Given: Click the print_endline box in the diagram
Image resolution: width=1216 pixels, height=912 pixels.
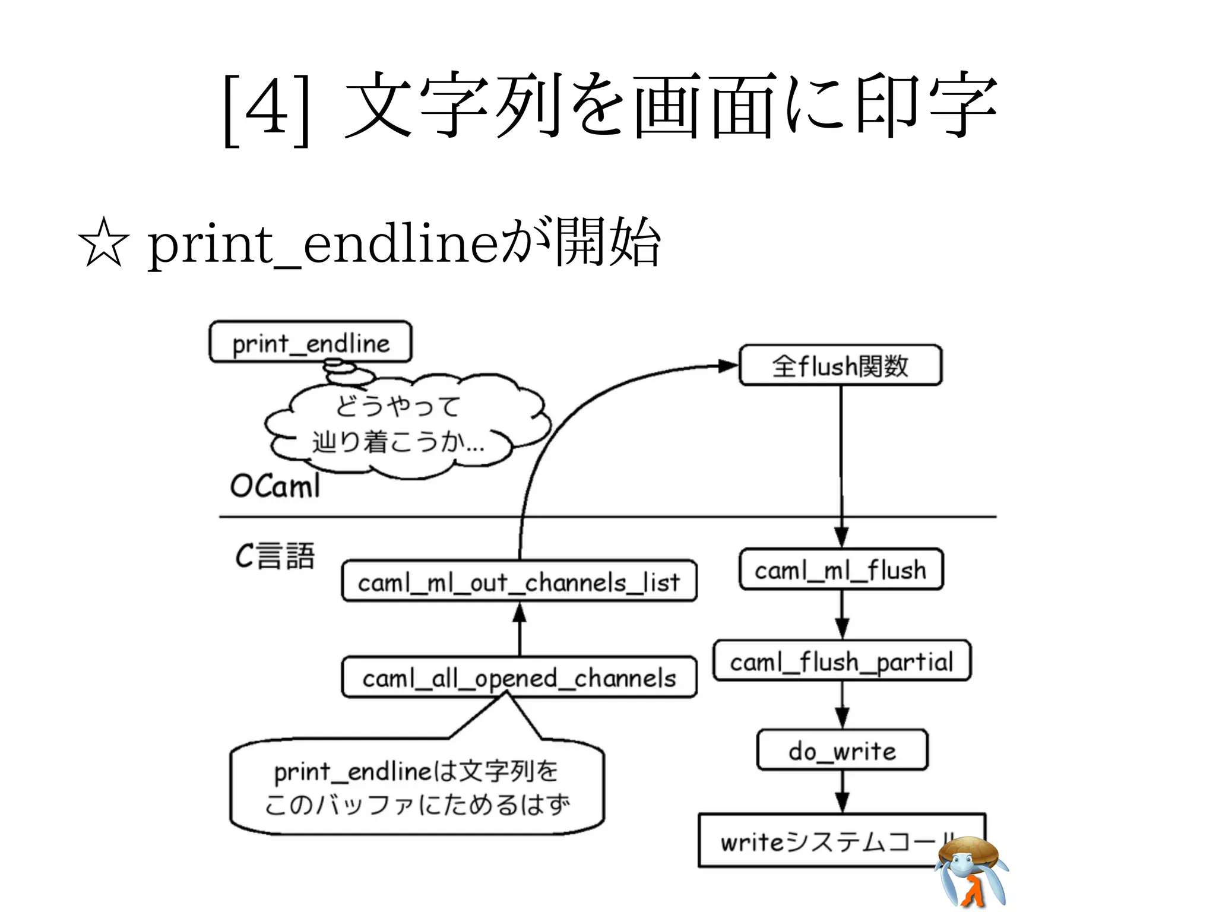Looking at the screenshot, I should coord(310,342).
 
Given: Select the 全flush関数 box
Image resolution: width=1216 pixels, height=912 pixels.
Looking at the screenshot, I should coord(840,365).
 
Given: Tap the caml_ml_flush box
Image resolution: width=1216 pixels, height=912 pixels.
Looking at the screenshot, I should coord(841,569).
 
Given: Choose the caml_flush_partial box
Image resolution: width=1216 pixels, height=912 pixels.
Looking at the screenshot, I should coord(841,660).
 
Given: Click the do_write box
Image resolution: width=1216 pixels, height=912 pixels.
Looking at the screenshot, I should coord(842,750).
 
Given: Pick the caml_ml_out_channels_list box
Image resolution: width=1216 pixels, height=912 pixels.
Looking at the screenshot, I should coord(519,581).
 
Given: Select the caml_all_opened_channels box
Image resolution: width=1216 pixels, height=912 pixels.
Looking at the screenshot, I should coord(519,677).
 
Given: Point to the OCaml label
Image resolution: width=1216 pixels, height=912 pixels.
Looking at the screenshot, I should coord(275,486).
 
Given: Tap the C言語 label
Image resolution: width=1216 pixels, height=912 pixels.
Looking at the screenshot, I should coord(275,556).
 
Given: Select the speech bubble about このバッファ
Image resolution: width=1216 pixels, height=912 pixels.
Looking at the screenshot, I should coord(417,787).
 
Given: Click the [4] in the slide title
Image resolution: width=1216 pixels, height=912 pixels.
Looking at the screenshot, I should coord(267,109).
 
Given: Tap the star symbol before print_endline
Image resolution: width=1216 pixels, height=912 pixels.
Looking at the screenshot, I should coord(103,243).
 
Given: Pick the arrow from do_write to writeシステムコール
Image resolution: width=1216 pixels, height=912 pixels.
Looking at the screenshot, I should coord(842,792).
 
